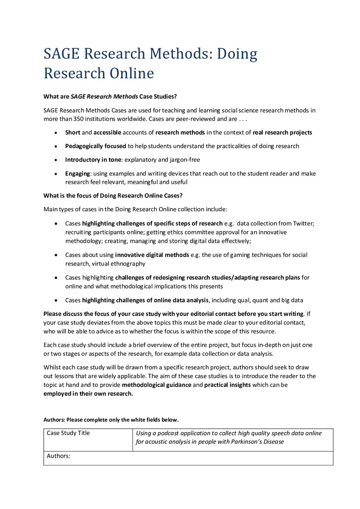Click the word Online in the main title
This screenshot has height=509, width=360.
pos(129,73)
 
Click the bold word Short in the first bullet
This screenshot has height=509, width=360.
pos(73,132)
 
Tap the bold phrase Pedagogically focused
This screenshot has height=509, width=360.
pos(96,146)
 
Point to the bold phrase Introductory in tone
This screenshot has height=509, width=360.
pos(93,160)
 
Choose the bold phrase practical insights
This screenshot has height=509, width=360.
pos(228,385)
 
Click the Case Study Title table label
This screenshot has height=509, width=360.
pos(68,433)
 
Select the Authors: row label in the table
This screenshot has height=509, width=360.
pos(58,456)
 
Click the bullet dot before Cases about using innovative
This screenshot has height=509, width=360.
pos(56,254)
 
